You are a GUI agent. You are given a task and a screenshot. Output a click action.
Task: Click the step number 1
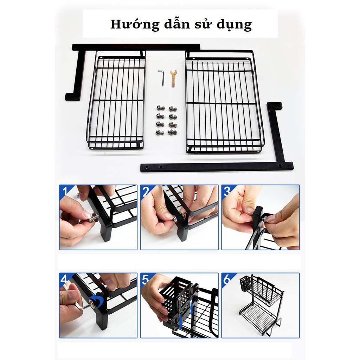(x=64, y=191)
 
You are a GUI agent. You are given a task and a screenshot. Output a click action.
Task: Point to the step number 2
(x=146, y=191)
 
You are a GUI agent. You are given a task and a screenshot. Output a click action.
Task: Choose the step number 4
(x=64, y=279)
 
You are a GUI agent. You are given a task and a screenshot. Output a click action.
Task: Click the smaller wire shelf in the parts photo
(x=116, y=102)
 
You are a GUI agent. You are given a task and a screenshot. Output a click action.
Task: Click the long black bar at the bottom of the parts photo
(x=217, y=167)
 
